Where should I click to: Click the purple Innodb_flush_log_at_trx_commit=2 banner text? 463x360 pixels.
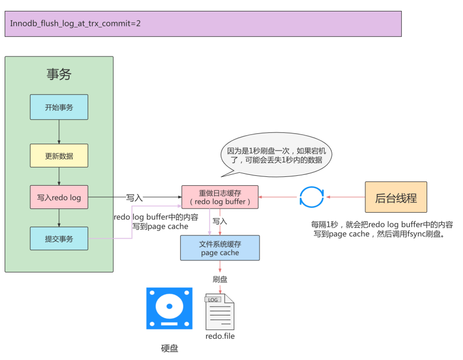tap(75, 24)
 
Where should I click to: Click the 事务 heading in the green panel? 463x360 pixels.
tap(59, 74)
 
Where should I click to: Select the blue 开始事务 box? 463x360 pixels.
tap(59, 107)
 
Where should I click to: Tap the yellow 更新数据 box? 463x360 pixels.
tap(59, 155)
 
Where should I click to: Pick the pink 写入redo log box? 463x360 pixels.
tap(59, 197)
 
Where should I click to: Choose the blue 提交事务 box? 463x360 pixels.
tap(59, 239)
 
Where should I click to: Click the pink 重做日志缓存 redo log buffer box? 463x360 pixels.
tap(220, 197)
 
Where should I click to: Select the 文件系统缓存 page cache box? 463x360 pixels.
tap(220, 248)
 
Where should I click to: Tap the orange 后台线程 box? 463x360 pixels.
tap(396, 197)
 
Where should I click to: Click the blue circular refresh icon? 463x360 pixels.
tap(311, 197)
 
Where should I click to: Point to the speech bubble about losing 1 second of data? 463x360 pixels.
tap(275, 155)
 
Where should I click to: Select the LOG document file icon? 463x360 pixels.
tap(220, 312)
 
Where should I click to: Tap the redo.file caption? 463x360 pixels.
tap(220, 336)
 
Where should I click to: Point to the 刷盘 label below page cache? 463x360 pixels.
tap(220, 279)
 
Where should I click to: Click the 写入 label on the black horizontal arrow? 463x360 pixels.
tap(134, 198)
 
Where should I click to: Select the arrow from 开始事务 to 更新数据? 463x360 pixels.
tap(59, 132)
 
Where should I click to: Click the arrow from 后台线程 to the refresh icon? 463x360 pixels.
tap(345, 197)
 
